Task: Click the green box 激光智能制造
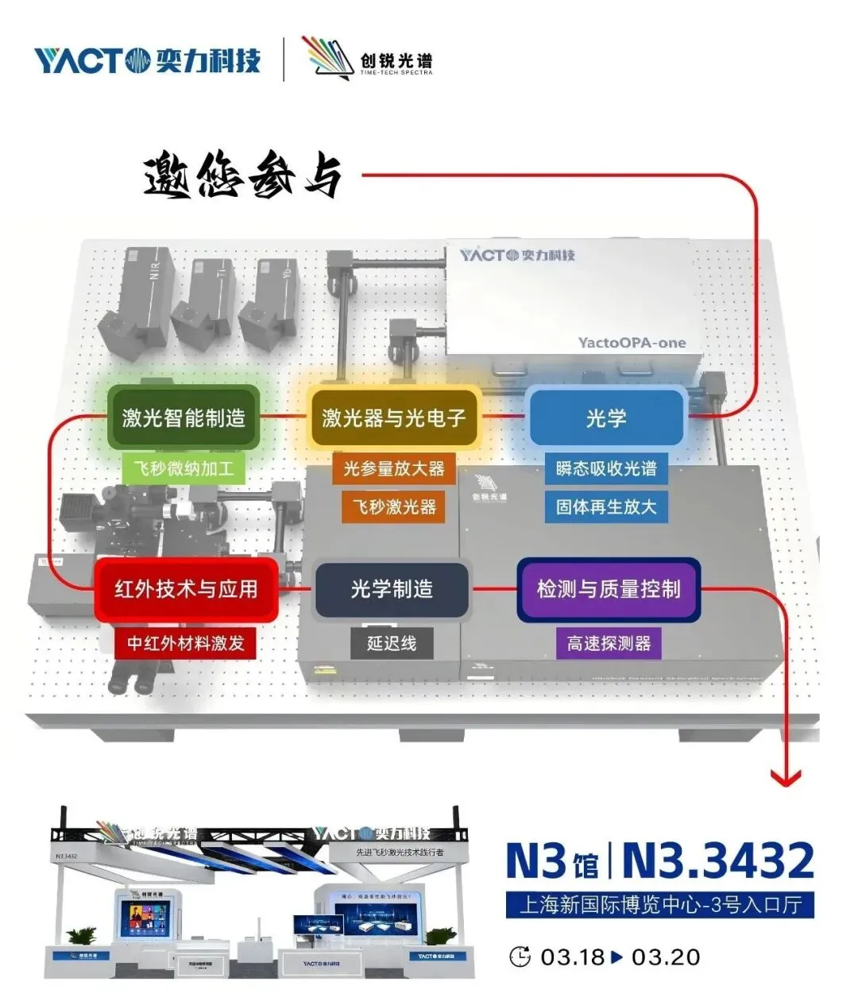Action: tap(184, 418)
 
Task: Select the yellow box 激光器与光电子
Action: tap(393, 418)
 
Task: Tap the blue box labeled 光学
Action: tap(606, 418)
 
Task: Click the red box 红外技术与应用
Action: tap(187, 589)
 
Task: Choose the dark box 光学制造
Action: tap(392, 589)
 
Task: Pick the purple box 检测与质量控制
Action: tap(609, 589)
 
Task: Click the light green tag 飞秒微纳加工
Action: tap(184, 468)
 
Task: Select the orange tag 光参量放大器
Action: tap(393, 468)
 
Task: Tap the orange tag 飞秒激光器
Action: tap(394, 506)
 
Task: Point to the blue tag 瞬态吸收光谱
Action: tap(606, 468)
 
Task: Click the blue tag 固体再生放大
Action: tap(606, 506)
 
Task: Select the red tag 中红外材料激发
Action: tap(186, 642)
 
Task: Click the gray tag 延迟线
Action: tap(392, 642)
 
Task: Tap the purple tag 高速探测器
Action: tap(609, 642)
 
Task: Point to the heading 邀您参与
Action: tap(243, 175)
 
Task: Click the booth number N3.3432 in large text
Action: tap(718, 860)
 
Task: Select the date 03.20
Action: tap(666, 957)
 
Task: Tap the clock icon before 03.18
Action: tap(520, 957)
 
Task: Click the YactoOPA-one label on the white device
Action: tap(632, 343)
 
